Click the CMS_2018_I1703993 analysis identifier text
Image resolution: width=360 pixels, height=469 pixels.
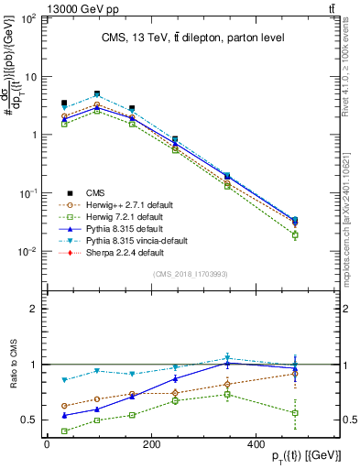(x=190, y=274)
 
